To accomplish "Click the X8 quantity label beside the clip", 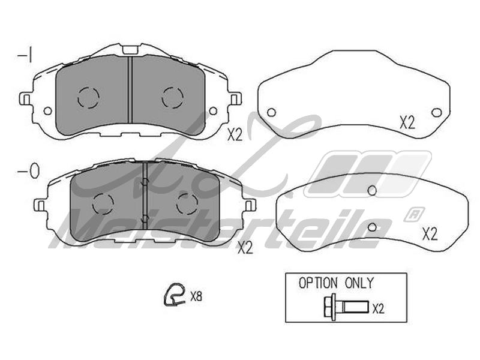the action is pyautogui.click(x=196, y=296).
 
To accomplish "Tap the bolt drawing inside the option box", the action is pyautogui.click(x=346, y=307).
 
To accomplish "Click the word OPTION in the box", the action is pyautogui.click(x=318, y=283).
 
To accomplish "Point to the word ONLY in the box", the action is pyautogui.click(x=359, y=283).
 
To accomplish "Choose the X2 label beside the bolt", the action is pyautogui.click(x=379, y=308).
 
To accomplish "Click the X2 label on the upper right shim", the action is pyautogui.click(x=407, y=123).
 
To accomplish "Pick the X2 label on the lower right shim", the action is pyautogui.click(x=430, y=234).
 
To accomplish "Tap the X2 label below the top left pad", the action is pyautogui.click(x=235, y=134).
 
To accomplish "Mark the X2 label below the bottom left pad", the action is pyautogui.click(x=245, y=248).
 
